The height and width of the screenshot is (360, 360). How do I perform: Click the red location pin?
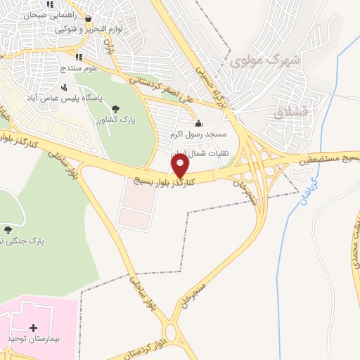(x=180, y=166)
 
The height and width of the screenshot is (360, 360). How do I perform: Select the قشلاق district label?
(x=285, y=112)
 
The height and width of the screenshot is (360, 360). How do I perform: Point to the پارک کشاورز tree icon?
(x=116, y=108)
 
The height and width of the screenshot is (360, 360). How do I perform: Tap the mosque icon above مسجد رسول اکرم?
(x=198, y=123)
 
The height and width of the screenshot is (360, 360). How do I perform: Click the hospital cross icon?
(x=33, y=327)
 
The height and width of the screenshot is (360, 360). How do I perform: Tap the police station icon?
(x=65, y=87)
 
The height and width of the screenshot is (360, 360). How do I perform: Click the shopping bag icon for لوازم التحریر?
(x=87, y=19)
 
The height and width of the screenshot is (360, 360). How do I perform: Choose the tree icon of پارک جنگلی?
(x=8, y=230)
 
